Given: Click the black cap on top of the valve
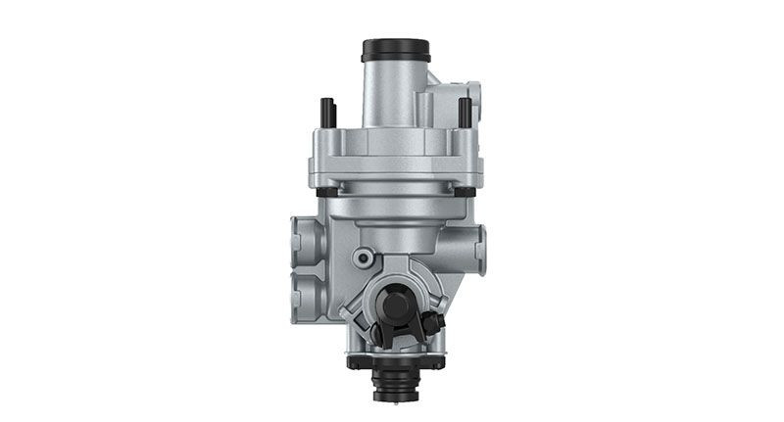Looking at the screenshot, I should (396, 49).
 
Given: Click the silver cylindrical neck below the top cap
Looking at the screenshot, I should (393, 93).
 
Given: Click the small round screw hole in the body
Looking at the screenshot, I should (364, 258).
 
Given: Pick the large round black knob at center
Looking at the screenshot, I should (397, 305).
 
